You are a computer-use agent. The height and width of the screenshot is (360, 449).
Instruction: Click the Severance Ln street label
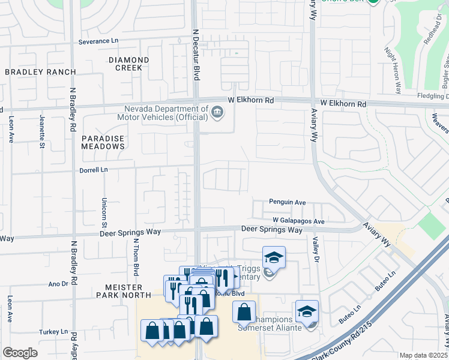click(100, 42)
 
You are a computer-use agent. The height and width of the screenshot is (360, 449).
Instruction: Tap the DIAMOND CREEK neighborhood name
click(129, 64)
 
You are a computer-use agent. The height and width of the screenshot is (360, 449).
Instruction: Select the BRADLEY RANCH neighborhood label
click(40, 72)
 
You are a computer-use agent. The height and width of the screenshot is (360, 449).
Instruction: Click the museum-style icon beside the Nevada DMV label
click(217, 110)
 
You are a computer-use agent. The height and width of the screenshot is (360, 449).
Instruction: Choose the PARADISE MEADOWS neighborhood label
click(103, 143)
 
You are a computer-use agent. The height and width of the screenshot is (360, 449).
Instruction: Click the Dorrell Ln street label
click(94, 170)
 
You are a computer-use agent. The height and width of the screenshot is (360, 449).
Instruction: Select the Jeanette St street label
click(42, 131)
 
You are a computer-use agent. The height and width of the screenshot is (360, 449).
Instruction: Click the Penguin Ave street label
click(288, 202)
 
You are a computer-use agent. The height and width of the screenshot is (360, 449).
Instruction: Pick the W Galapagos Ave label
click(298, 221)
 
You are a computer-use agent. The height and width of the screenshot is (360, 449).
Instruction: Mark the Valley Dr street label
click(315, 248)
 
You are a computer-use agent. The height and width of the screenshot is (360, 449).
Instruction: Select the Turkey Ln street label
click(56, 332)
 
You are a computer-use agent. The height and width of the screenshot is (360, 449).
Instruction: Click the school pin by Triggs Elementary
click(274, 257)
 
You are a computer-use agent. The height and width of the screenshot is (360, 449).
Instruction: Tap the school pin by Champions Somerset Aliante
click(307, 311)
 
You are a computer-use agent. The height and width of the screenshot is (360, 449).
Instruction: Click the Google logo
click(20, 353)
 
